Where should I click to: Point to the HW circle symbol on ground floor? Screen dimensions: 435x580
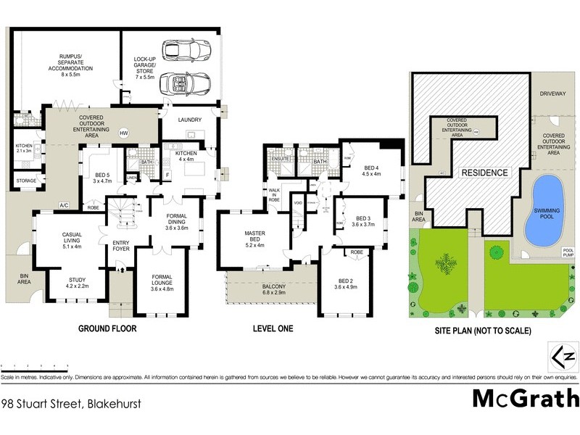point(123,133)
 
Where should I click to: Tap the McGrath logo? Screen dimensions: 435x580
point(526,399)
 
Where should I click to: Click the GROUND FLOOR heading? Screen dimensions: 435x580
point(107,328)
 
